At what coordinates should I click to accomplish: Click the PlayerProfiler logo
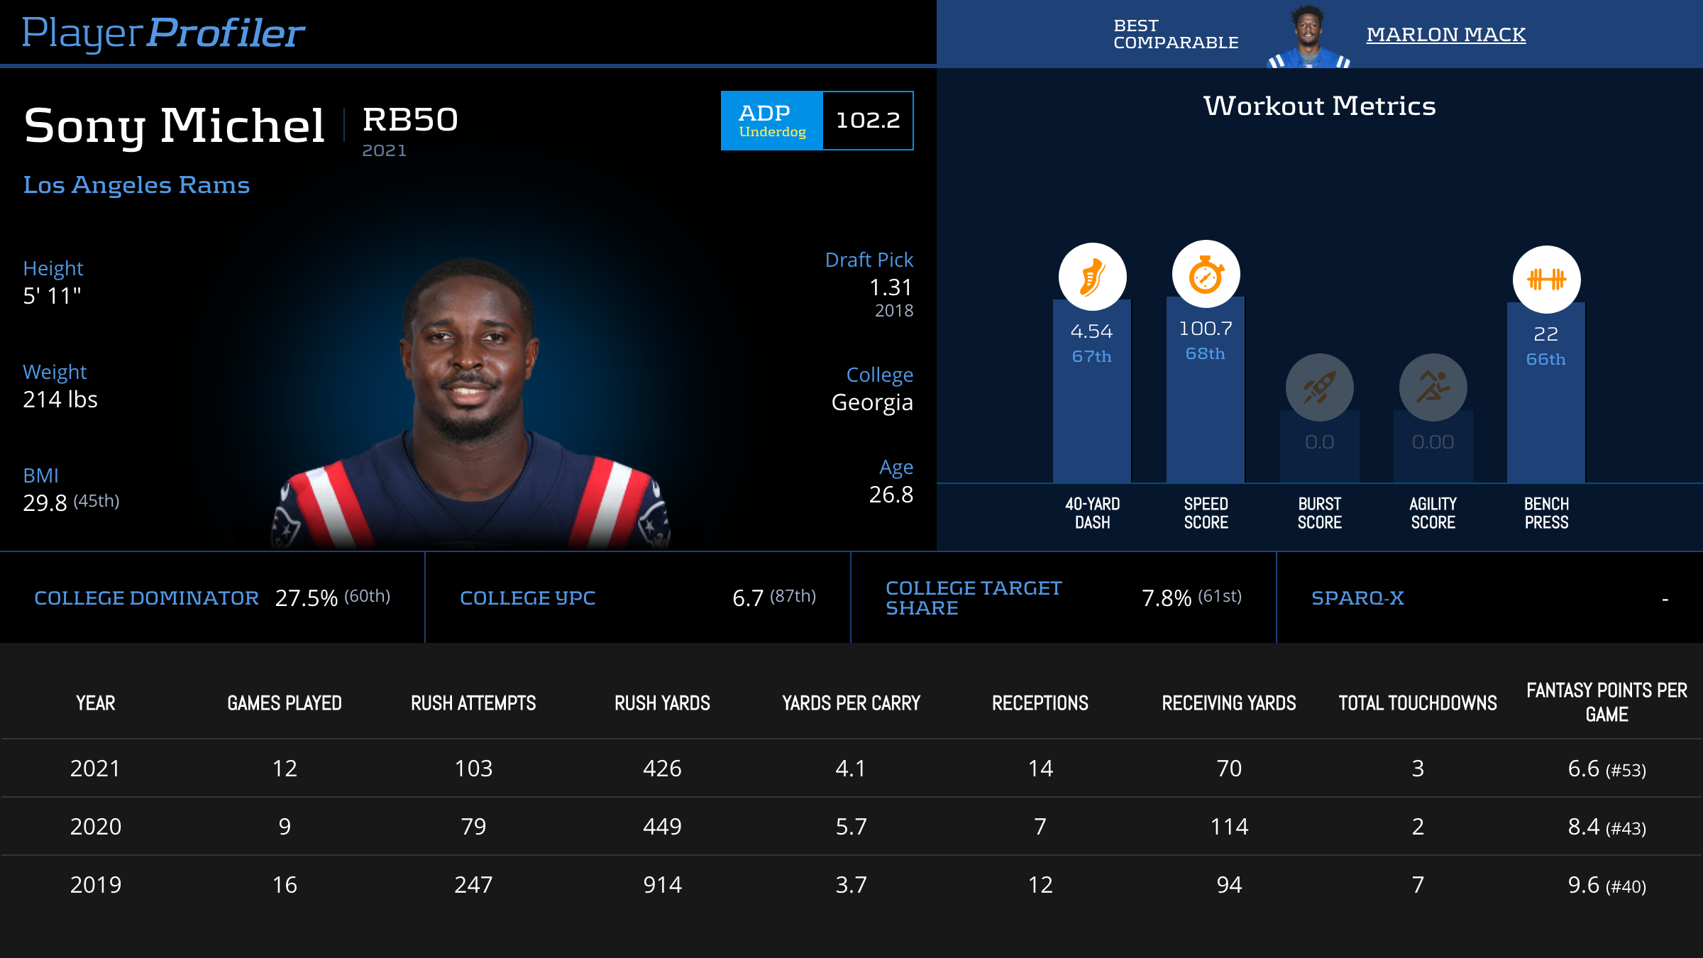(163, 33)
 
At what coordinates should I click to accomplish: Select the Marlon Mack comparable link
(1445, 34)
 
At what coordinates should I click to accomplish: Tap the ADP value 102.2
(867, 121)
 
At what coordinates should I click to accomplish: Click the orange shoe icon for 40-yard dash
(1092, 277)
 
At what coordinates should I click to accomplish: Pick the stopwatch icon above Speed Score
(1206, 275)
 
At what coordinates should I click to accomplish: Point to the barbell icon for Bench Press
(1546, 279)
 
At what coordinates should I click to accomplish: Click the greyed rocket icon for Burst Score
(1319, 387)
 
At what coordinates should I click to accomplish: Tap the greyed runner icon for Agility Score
(1433, 387)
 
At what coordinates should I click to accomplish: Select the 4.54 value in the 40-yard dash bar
(1091, 331)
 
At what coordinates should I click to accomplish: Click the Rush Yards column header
(662, 703)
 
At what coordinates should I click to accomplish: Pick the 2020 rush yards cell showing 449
(662, 827)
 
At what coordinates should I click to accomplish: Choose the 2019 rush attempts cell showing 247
(473, 885)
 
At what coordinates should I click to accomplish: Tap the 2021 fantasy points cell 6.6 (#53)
(1606, 769)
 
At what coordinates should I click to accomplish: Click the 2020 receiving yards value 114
(1229, 827)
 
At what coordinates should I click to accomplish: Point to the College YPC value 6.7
(748, 598)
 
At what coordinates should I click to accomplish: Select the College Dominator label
(146, 598)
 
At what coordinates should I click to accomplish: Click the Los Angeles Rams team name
(136, 185)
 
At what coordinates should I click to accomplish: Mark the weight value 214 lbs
(60, 400)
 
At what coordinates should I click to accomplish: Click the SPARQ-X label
(1357, 598)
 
